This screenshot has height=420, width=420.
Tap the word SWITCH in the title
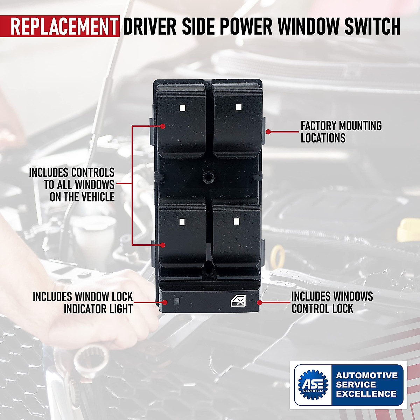(372, 26)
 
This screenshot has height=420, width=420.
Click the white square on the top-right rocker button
(239, 107)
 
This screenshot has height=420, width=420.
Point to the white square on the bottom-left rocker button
(182, 222)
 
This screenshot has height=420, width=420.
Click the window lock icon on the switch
(238, 300)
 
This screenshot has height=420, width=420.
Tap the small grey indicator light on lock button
(176, 301)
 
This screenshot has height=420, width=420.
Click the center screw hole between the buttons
(209, 177)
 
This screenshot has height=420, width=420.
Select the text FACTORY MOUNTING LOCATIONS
(341, 132)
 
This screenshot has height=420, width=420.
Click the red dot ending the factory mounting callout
(268, 132)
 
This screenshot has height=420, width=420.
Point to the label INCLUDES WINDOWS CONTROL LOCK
(331, 303)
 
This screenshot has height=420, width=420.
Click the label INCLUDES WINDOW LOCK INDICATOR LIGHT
(83, 303)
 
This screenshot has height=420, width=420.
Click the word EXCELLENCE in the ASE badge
(366, 394)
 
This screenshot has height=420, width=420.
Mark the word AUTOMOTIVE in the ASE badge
(367, 376)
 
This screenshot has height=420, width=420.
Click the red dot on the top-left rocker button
(163, 126)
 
